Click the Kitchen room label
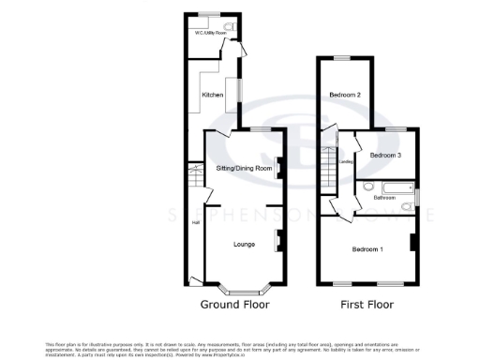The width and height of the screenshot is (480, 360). point(211,94)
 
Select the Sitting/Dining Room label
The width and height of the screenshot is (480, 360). point(244,168)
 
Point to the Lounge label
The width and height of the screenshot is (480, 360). point(244,245)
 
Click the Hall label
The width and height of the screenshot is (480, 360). point(196,222)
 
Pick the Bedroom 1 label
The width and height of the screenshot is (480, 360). point(367,249)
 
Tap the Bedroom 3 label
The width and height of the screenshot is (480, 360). point(385,155)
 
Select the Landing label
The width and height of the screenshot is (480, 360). point(345,162)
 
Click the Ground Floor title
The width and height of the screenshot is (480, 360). point(233,305)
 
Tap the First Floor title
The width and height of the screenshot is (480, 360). point(367,305)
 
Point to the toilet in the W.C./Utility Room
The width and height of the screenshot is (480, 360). point(231,27)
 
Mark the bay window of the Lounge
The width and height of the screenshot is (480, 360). point(243,283)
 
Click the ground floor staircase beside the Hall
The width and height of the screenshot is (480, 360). point(196,175)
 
